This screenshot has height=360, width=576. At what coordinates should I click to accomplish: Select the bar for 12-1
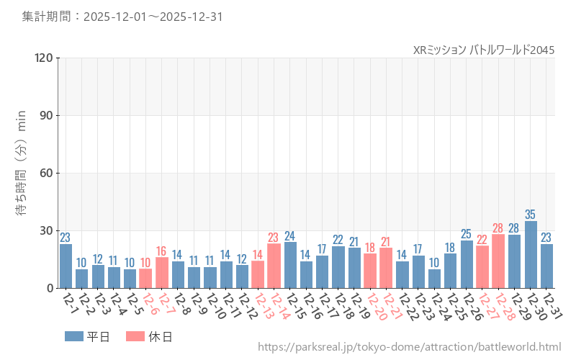(66, 266)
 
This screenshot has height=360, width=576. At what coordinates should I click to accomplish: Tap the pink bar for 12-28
(498, 261)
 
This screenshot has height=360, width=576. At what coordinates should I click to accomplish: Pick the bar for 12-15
(290, 265)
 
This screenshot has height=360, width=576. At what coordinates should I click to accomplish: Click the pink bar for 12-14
(274, 266)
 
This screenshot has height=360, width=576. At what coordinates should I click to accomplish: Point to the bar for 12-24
(434, 279)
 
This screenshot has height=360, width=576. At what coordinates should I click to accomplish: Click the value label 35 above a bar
(531, 215)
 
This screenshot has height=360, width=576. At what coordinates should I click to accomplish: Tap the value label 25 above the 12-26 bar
(467, 234)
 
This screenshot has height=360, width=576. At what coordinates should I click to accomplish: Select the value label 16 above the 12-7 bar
(161, 251)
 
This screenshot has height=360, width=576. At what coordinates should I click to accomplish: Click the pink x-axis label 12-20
(375, 308)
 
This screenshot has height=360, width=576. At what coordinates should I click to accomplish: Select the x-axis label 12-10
(214, 308)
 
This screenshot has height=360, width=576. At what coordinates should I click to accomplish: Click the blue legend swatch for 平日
(74, 336)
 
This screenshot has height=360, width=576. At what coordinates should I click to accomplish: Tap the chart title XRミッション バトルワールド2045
(484, 50)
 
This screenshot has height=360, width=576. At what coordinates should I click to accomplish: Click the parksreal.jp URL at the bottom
(409, 348)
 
